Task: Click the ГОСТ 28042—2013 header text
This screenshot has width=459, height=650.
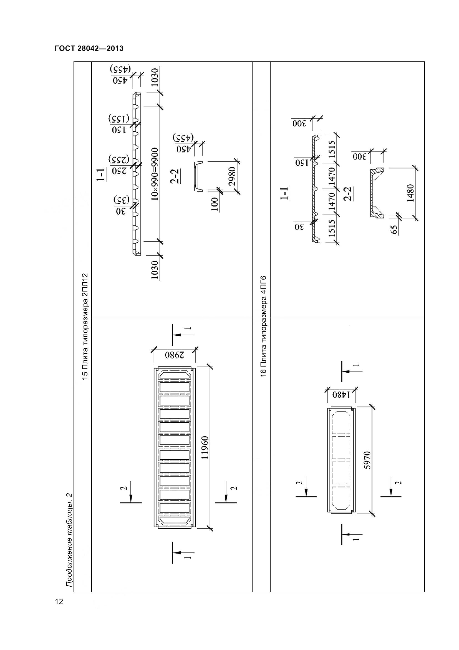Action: click(x=89, y=48)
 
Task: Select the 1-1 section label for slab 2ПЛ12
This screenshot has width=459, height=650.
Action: click(x=101, y=175)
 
